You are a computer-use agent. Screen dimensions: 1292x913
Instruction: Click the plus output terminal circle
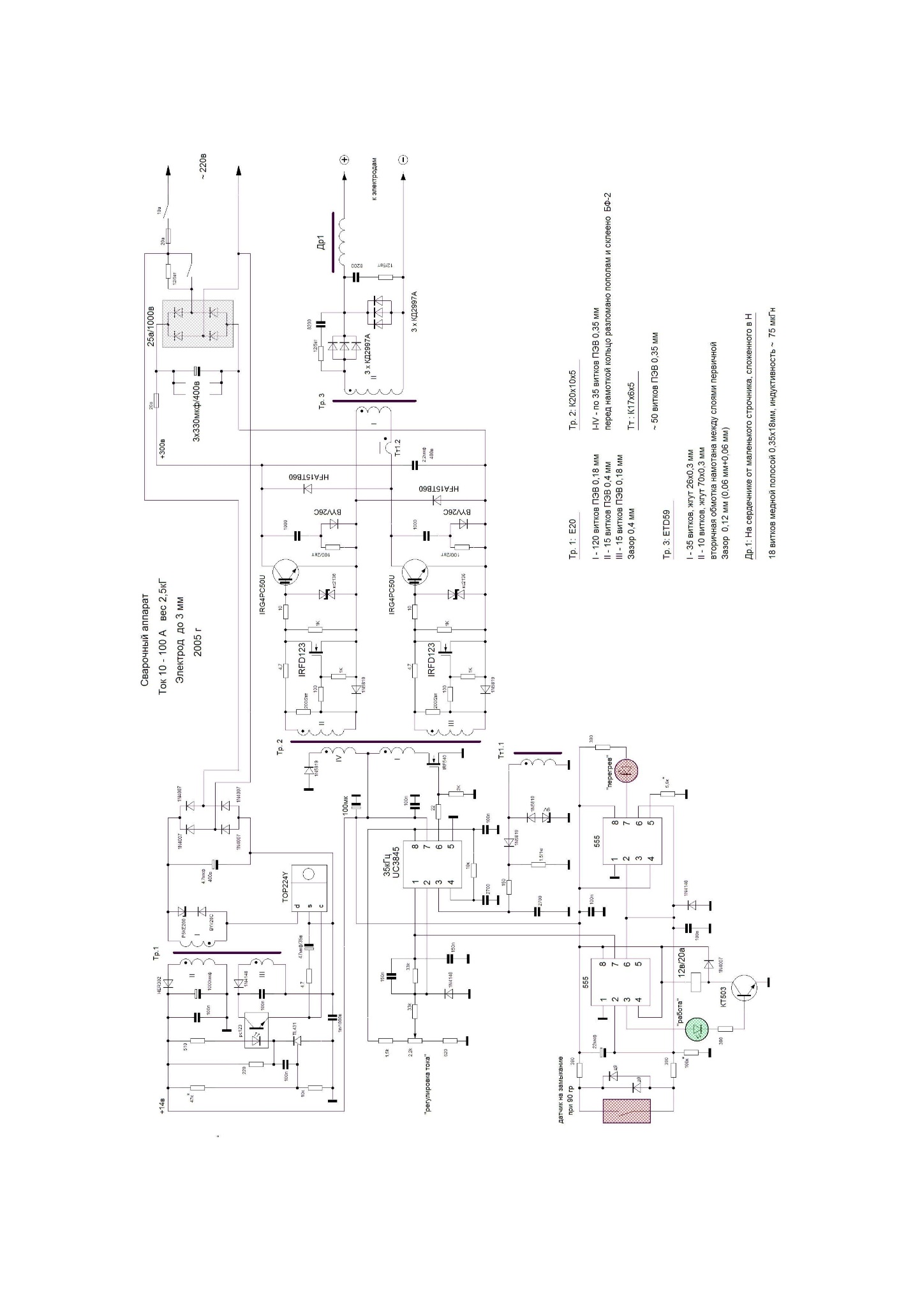(x=343, y=161)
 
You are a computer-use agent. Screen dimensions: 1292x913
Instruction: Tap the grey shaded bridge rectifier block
(x=198, y=324)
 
